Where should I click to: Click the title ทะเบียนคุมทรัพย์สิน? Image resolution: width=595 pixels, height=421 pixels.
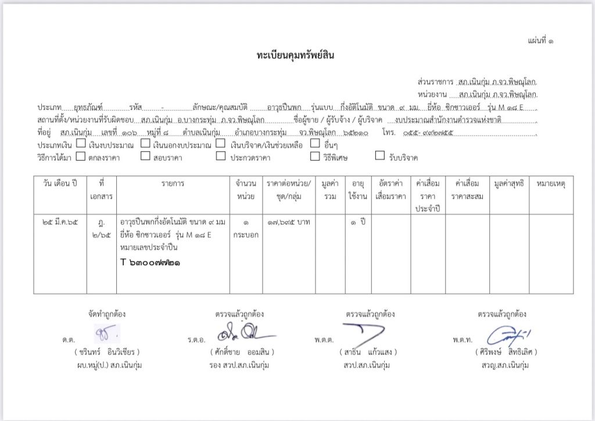click(296, 56)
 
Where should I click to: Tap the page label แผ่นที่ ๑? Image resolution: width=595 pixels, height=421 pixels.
click(540, 41)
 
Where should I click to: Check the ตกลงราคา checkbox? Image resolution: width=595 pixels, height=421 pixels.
click(81, 156)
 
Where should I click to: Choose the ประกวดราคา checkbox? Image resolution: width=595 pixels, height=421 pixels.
click(220, 156)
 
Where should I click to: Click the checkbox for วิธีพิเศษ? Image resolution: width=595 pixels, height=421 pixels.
click(314, 156)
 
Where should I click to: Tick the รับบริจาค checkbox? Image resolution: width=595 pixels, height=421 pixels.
click(379, 156)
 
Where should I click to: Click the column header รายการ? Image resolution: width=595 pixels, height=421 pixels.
click(173, 184)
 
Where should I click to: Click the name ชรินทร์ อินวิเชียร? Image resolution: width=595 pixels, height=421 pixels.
click(107, 352)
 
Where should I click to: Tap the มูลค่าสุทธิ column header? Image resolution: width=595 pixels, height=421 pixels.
click(509, 184)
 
